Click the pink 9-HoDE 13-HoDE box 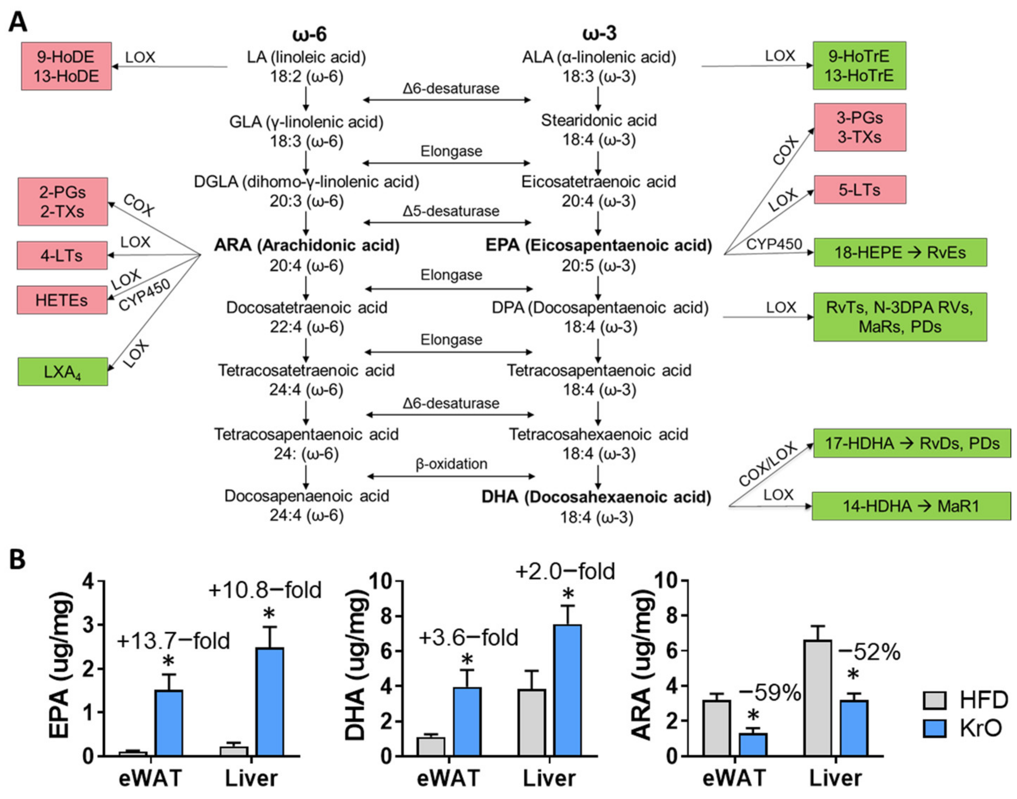[66, 66]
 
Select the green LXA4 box [63, 372]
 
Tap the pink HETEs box [62, 300]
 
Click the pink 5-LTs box [859, 190]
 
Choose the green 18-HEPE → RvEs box [900, 253]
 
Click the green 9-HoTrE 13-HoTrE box [859, 65]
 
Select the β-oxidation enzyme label [451, 464]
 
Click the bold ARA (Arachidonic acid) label [307, 245]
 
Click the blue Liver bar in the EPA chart [270, 702]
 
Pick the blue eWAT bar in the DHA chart [467, 722]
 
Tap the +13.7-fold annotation [173, 641]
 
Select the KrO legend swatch [934, 728]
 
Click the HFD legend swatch [934, 700]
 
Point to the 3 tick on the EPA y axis [87, 625]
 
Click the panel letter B [17, 559]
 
